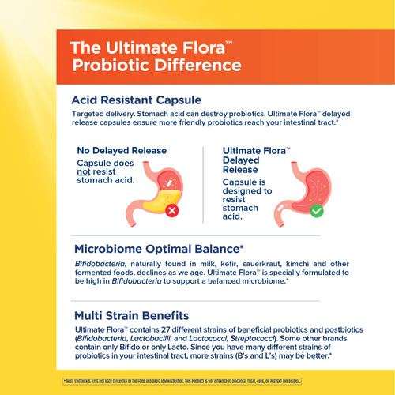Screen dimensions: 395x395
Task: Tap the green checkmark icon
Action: (316, 212)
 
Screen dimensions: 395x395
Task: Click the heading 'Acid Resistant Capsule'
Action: (136, 100)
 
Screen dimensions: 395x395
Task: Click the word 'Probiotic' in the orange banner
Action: (110, 64)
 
